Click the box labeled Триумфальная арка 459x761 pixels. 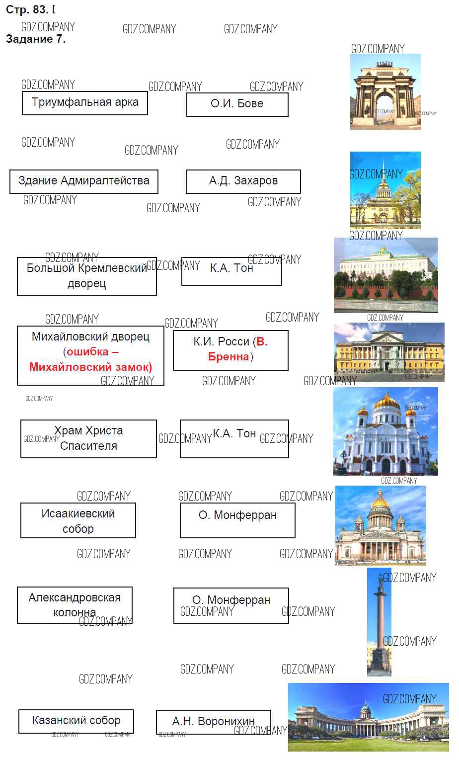(85, 103)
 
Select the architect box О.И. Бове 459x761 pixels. (237, 105)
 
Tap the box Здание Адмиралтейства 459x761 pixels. (84, 181)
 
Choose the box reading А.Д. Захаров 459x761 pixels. (243, 181)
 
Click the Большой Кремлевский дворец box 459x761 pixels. (87, 276)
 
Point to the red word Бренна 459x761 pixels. (229, 356)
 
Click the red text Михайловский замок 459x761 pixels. (90, 367)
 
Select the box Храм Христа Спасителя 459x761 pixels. (88, 438)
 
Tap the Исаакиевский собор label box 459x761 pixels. (78, 520)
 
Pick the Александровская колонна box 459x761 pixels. (75, 605)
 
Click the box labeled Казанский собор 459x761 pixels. (76, 721)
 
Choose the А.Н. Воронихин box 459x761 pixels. (214, 722)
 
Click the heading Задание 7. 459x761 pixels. (36, 39)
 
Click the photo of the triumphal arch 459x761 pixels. (385, 92)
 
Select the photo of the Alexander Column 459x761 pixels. (379, 622)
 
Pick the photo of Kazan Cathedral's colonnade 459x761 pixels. (369, 717)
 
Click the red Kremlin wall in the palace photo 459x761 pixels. (385, 292)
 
